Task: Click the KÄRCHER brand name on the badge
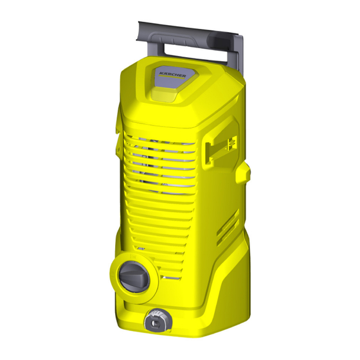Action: (173, 75)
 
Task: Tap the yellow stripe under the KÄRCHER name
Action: (172, 77)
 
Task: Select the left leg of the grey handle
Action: (160, 48)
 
